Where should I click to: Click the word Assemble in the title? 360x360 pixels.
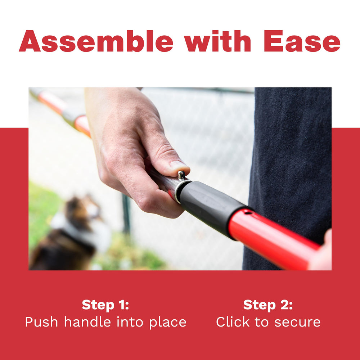[x=96, y=41]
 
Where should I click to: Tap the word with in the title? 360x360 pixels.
[x=217, y=41]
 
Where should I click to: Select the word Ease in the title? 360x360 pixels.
[x=302, y=41]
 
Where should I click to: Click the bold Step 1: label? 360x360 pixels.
[x=105, y=305]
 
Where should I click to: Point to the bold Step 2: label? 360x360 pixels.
[x=268, y=305]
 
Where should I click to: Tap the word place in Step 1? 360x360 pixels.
[x=168, y=323]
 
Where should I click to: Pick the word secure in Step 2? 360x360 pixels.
[x=297, y=323]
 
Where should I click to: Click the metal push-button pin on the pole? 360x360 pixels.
[x=181, y=175]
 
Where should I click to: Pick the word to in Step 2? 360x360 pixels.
[x=262, y=322]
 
